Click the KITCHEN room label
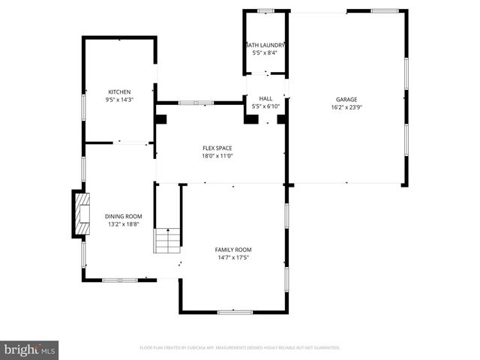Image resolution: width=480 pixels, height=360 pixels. tap(119, 92)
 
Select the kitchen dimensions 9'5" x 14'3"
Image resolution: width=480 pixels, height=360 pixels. tap(119, 100)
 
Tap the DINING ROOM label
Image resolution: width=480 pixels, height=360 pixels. tap(123, 216)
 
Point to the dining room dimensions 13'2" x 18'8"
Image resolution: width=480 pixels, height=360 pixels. tap(123, 223)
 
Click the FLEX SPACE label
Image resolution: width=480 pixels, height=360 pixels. tap(218, 148)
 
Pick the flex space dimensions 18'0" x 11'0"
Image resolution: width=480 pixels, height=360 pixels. tap(218, 156)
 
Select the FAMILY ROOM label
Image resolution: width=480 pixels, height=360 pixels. tap(233, 250)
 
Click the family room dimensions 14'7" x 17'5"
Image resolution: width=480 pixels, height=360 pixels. tap(233, 257)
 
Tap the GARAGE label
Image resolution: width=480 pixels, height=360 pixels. tap(346, 100)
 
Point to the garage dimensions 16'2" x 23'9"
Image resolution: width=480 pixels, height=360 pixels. tap(346, 107)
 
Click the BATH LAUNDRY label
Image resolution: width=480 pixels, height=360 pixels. tap(265, 45)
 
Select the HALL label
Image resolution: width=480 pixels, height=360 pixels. tap(265, 98)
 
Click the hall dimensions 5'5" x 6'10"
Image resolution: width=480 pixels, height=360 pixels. tap(265, 106)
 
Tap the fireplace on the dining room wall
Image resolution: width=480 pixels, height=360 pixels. tap(79, 214)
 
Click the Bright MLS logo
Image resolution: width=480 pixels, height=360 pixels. tap(29, 349)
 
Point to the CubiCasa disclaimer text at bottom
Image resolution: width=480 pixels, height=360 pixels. tap(240, 348)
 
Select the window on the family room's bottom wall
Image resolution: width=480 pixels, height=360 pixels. tap(234, 311)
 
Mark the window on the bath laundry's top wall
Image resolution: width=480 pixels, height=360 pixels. tap(265, 11)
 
